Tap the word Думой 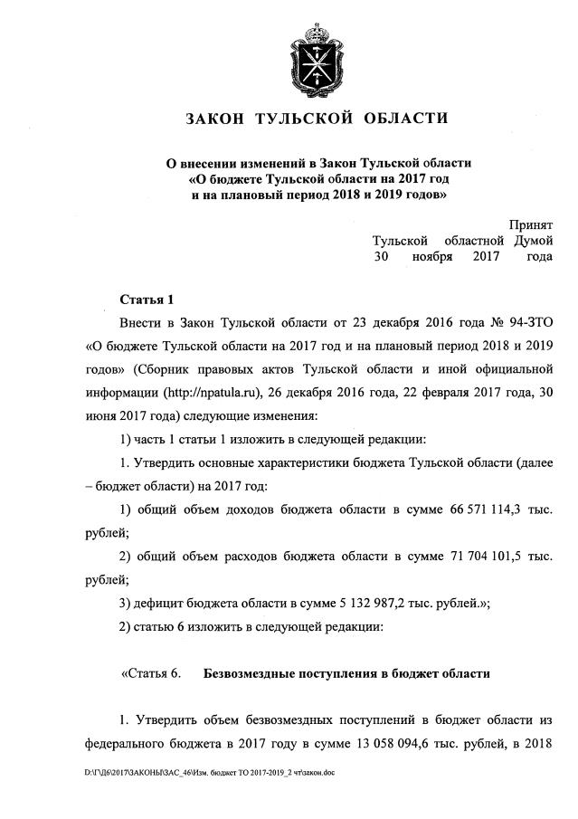[533, 242]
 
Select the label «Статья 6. [150, 673]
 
